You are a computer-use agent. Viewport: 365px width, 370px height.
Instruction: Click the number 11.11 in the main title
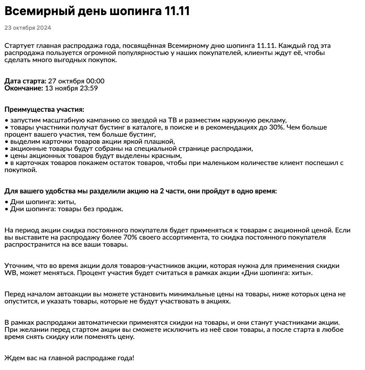(x=177, y=11)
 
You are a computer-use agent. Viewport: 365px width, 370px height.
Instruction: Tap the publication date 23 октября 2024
(x=28, y=28)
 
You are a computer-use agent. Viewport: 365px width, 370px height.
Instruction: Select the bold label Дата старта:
(x=25, y=81)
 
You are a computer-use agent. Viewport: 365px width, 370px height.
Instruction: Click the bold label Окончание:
(x=24, y=88)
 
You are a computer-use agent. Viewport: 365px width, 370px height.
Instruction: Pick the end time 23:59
(x=88, y=88)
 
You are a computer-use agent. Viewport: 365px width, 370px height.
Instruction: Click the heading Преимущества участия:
(x=44, y=110)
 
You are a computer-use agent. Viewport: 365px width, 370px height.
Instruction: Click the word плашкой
(x=162, y=142)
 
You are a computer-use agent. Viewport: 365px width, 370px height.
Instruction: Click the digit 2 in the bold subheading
(x=162, y=191)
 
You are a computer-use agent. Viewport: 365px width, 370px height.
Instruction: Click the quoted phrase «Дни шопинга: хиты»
(x=274, y=273)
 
